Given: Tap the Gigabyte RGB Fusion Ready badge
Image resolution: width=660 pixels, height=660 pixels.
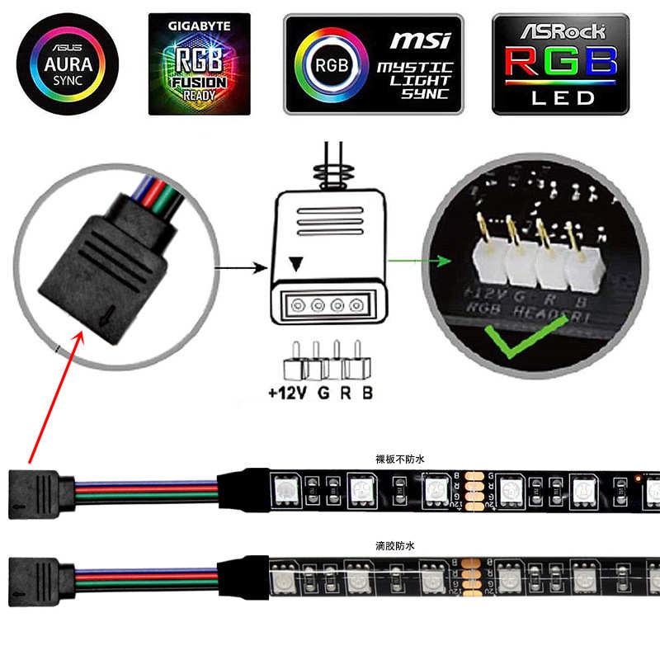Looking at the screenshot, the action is [x=200, y=64].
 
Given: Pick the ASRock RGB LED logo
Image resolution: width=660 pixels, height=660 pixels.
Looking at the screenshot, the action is [x=560, y=64].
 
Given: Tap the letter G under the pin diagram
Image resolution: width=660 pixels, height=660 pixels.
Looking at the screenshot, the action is [x=323, y=393].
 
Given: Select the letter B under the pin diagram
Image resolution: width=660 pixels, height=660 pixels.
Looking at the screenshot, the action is [x=366, y=393].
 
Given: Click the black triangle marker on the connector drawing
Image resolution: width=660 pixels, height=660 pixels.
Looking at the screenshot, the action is [x=295, y=263].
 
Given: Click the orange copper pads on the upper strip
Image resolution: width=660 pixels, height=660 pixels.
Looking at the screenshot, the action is [x=475, y=493].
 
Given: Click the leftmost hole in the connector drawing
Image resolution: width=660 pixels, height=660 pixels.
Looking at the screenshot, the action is [x=296, y=304].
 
